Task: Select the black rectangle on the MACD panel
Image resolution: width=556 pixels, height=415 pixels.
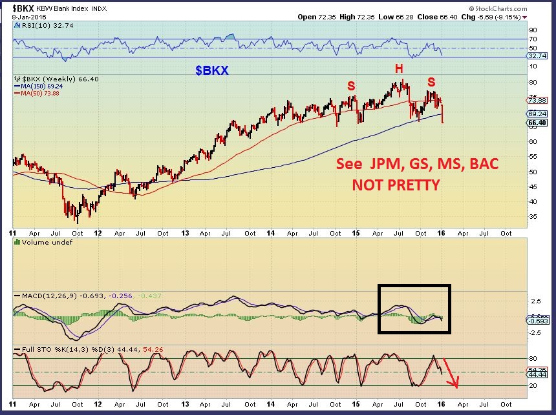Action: [x=414, y=309]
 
